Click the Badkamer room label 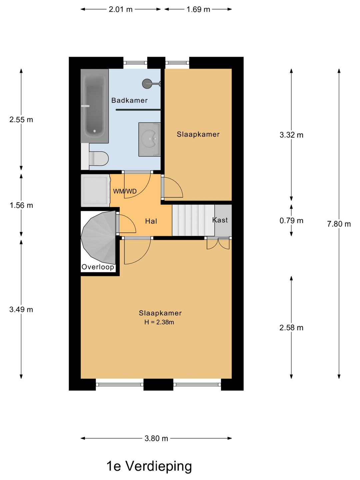(129, 100)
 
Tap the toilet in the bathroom (99, 158)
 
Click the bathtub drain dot (95, 131)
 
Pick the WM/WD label (125, 191)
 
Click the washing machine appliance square (95, 190)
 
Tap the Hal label (151, 221)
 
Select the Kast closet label (220, 220)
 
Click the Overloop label (98, 267)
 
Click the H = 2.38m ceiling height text (159, 322)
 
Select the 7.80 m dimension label (339, 224)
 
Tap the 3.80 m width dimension (156, 438)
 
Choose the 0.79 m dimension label (291, 221)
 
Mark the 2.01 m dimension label (121, 9)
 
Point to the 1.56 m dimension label (21, 205)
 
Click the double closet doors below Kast (218, 243)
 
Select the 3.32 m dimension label (291, 135)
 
